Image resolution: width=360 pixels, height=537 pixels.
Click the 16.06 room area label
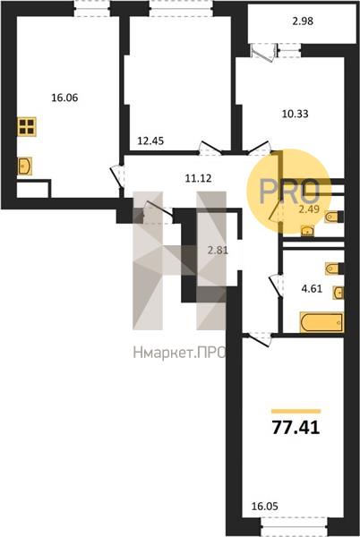pos(64,98)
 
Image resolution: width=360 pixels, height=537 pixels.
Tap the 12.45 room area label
pos(150,141)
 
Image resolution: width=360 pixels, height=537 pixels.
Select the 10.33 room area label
pos(296,114)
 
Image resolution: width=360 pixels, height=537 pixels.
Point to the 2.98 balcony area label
pos(303,21)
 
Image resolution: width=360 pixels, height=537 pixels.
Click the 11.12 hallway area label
pos(198,178)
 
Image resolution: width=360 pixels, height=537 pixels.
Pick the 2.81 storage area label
pos(218,251)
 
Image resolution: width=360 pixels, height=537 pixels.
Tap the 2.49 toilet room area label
pos(309,209)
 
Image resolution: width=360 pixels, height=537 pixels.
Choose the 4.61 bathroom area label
pos(312,289)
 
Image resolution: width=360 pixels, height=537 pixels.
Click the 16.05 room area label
pos(265,506)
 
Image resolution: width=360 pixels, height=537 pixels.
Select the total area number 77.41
pos(296,428)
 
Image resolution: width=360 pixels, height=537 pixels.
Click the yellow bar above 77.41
pos(296,412)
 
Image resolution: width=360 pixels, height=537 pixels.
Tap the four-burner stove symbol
pos(27,126)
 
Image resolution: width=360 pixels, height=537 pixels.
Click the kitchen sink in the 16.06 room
pos(24,166)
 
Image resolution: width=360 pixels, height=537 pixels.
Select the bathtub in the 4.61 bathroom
pos(321,322)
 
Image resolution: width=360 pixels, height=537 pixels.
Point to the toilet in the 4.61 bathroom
pos(334,268)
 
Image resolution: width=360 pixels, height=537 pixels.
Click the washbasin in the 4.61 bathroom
pos(338,293)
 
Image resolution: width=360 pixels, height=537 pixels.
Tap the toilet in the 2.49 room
pos(334,217)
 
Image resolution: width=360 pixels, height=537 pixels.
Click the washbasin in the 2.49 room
pos(308,232)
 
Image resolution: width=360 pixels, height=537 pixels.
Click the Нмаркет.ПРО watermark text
pos(179,353)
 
